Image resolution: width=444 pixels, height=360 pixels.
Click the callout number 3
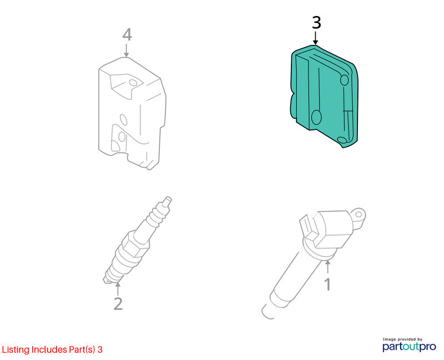(x=316, y=23)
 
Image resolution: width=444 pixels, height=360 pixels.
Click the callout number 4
(x=127, y=35)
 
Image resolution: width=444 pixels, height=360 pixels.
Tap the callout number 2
(x=118, y=303)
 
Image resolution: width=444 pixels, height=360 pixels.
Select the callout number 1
(x=327, y=284)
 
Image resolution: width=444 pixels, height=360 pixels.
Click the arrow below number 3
(x=315, y=38)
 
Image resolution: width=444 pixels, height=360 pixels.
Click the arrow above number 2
(x=118, y=288)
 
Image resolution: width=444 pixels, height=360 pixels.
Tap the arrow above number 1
(x=327, y=267)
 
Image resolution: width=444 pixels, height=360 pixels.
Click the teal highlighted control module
(x=324, y=96)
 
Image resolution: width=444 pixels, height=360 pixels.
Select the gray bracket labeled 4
(x=132, y=113)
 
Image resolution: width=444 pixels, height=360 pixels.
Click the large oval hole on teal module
(x=316, y=117)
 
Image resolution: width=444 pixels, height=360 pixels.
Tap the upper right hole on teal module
(x=344, y=80)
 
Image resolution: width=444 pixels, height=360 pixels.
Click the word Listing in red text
(x=16, y=350)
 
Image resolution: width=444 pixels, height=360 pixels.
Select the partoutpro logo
(x=410, y=347)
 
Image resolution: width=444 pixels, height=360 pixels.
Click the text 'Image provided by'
(x=402, y=339)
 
